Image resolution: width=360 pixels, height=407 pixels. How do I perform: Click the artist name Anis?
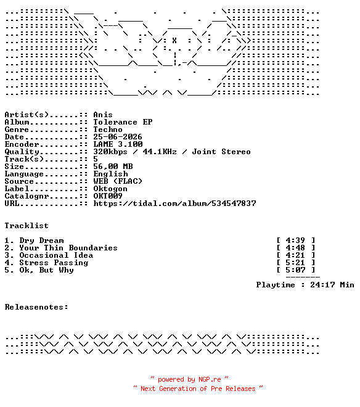pos(103,115)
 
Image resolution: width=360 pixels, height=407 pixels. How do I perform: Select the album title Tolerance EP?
pos(123,122)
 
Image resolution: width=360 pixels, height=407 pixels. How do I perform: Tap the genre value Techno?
pos(108,129)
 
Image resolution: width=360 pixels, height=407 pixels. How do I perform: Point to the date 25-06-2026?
pos(118,137)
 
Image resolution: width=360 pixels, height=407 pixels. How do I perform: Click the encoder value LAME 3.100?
pos(118,144)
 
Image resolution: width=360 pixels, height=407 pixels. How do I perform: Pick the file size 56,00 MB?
pos(113,166)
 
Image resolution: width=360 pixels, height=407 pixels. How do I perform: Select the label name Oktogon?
pos(110,189)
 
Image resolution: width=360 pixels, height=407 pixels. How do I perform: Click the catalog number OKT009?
pos(108,196)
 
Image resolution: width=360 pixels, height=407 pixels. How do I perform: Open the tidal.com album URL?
pos(174,203)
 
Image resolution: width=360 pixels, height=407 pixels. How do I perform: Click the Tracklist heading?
pos(27,226)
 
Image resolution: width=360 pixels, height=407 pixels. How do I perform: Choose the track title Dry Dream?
pos(41,240)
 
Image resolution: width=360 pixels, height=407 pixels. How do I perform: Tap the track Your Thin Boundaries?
pos(68,248)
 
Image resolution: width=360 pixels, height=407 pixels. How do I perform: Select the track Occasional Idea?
pos(56,255)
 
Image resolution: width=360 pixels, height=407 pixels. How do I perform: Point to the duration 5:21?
pos(295,263)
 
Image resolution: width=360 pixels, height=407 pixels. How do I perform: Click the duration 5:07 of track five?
pos(295,270)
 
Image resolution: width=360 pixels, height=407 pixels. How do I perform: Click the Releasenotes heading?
pos(36,307)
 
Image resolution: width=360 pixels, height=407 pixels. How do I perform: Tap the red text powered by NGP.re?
pos(189,379)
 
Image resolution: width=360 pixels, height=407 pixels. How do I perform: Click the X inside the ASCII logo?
pos(174,41)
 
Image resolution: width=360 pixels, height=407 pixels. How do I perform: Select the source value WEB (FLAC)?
pos(118,181)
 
